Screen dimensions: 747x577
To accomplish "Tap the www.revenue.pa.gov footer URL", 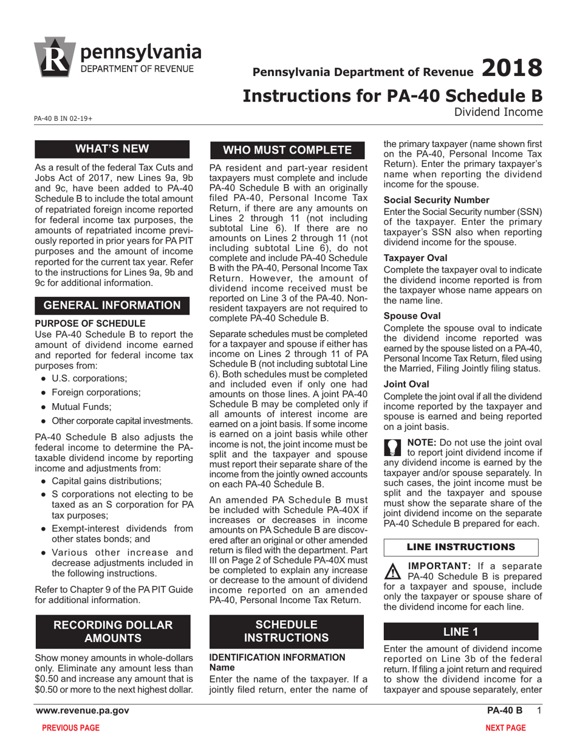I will click(x=82, y=711).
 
